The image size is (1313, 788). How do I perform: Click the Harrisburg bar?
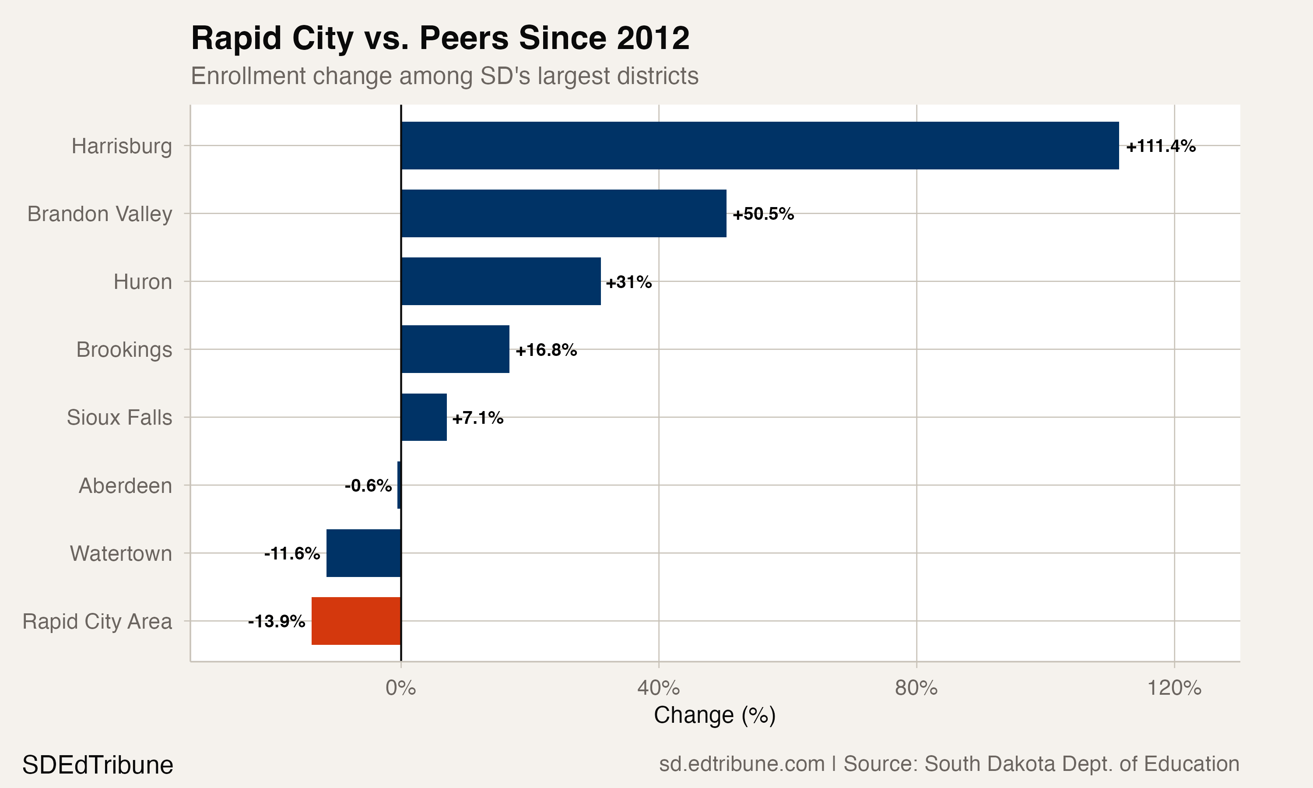pos(759,145)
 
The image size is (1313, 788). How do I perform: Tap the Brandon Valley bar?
pos(564,214)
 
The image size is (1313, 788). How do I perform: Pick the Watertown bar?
pos(364,553)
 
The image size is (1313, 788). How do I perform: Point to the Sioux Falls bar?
pos(424,417)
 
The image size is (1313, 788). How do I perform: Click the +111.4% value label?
pos(1161,146)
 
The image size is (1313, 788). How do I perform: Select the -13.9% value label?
pos(277,621)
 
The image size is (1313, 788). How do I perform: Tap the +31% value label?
pos(628,282)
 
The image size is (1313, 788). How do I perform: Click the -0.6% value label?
pos(368,485)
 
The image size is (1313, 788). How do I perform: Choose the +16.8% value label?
pos(546,350)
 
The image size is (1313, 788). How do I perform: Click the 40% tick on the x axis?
pos(659,688)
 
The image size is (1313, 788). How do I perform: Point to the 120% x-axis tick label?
pos(1174,688)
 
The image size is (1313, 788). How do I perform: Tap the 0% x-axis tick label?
pos(401,688)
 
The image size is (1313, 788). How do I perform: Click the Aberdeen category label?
pos(125,486)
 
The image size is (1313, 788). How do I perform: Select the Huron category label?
pos(143,282)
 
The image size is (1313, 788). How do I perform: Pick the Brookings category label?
pos(124,350)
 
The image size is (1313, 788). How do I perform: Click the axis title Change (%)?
pos(714,715)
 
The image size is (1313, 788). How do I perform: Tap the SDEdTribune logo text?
pos(98,765)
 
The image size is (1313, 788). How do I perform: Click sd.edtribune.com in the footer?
pos(741,764)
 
